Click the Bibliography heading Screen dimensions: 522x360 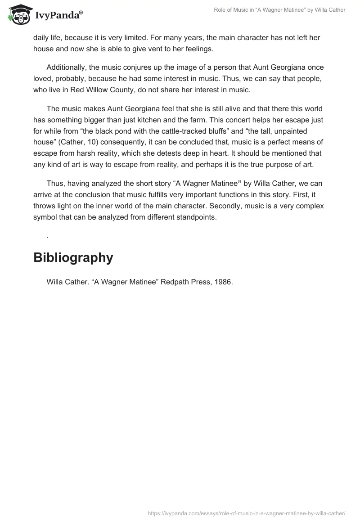[73, 258]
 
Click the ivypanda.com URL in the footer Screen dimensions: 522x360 [247, 513]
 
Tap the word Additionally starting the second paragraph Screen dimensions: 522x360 [68, 67]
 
